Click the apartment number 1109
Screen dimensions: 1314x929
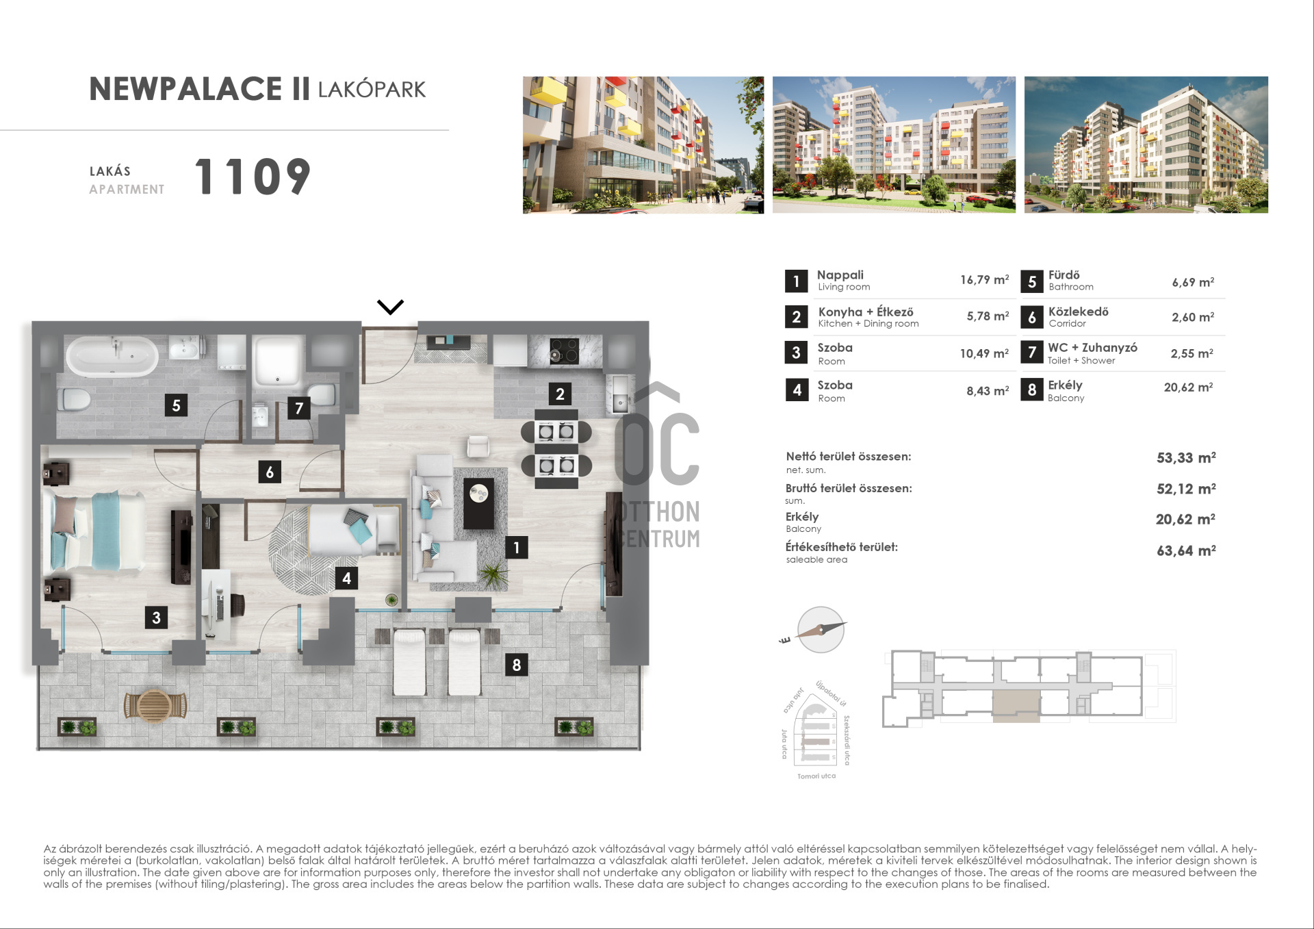pyautogui.click(x=253, y=177)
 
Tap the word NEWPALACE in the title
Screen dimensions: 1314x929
pyautogui.click(x=185, y=89)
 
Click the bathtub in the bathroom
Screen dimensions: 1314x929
pyautogui.click(x=112, y=356)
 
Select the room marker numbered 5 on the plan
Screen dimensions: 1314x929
pyautogui.click(x=176, y=405)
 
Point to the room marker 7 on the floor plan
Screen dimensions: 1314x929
pyautogui.click(x=299, y=408)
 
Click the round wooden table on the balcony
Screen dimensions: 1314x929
pyautogui.click(x=155, y=706)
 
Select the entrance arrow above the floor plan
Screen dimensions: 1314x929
pyautogui.click(x=390, y=307)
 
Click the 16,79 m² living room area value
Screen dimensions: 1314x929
pyautogui.click(x=984, y=279)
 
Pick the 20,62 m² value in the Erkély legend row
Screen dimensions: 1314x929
pyautogui.click(x=1188, y=387)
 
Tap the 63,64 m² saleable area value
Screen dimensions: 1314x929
pyautogui.click(x=1186, y=550)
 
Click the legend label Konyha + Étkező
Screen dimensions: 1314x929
pyautogui.click(x=866, y=311)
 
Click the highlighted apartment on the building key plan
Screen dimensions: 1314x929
pyautogui.click(x=1016, y=706)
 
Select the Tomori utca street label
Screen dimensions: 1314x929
pyautogui.click(x=816, y=776)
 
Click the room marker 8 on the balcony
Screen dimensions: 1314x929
pyautogui.click(x=516, y=665)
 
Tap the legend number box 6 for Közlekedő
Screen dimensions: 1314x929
pyautogui.click(x=1032, y=317)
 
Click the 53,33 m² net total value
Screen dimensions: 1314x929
pyautogui.click(x=1186, y=457)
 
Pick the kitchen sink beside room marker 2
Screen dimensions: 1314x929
pyautogui.click(x=619, y=394)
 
